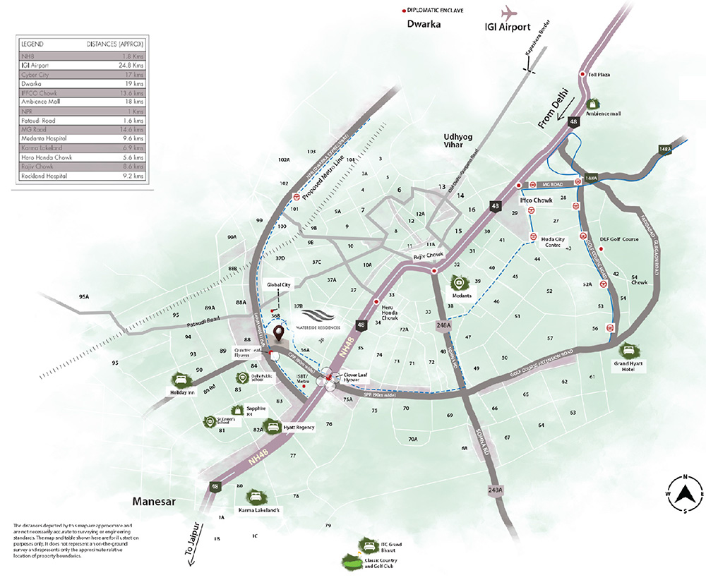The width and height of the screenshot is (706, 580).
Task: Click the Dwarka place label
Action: [424, 25]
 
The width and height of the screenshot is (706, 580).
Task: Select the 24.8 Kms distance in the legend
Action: [133, 65]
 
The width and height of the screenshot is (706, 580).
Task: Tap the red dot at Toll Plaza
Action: [582, 75]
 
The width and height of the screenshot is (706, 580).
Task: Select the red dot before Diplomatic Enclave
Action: [403, 11]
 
